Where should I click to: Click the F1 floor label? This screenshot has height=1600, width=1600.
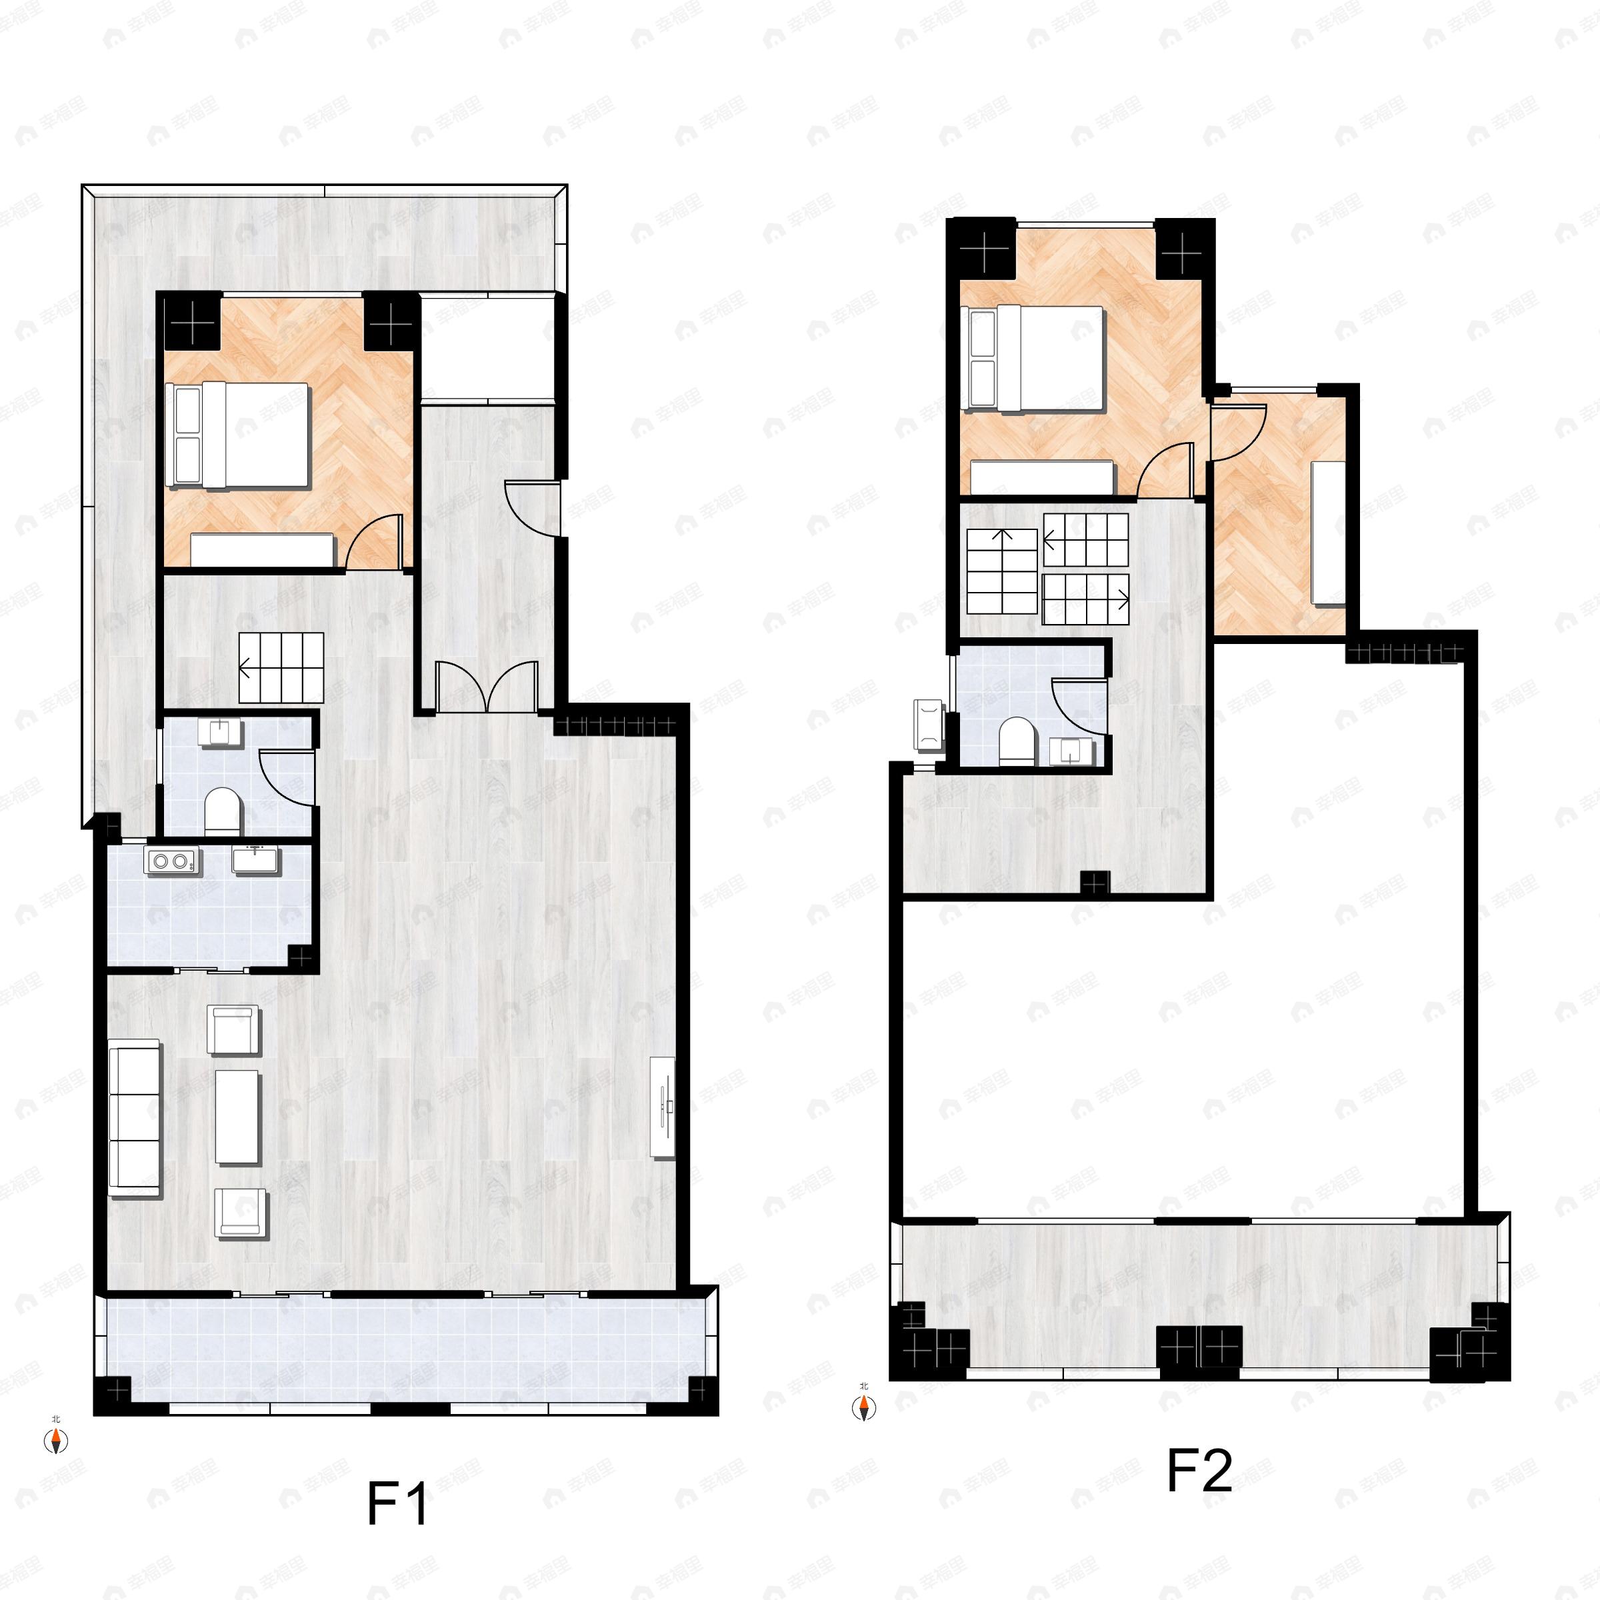click(397, 1504)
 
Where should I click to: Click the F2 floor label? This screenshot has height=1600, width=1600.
click(1199, 1470)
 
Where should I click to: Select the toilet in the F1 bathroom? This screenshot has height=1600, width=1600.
click(222, 810)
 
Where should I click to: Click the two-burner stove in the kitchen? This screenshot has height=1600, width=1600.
click(171, 861)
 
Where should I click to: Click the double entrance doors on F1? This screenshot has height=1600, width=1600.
click(489, 687)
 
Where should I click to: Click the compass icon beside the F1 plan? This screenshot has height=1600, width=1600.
click(55, 1441)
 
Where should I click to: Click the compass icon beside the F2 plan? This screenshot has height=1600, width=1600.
click(864, 1407)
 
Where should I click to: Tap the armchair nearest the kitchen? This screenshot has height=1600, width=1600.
click(235, 1029)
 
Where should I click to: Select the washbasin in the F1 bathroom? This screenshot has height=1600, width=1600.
click(219, 733)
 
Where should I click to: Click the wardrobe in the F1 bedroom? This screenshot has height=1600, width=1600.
click(263, 548)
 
